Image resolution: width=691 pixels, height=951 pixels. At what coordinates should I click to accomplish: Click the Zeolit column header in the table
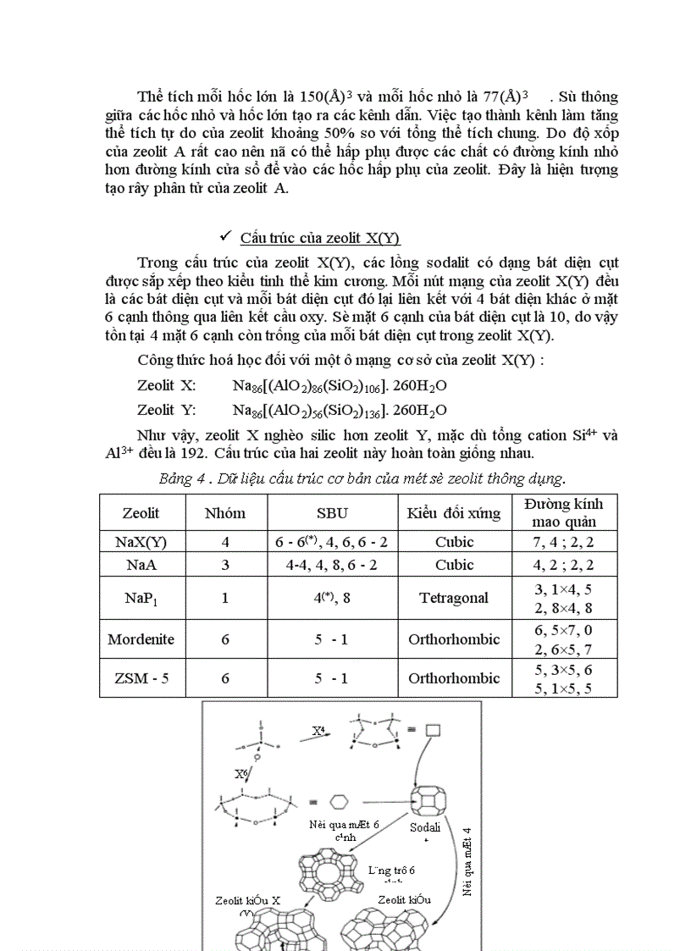coord(141,512)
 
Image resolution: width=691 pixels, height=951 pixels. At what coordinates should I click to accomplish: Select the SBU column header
coord(332,512)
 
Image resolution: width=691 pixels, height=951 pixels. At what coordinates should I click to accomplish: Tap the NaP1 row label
coord(141,598)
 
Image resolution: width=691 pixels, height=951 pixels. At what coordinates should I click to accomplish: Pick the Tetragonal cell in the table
coord(453,598)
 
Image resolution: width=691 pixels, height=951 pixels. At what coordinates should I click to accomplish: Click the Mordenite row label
coord(141,639)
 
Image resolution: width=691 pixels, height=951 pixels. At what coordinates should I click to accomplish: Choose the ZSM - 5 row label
coord(141,678)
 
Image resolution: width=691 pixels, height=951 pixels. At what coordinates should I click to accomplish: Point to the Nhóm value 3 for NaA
coord(225,565)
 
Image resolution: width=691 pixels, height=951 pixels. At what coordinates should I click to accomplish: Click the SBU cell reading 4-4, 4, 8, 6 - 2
coord(332,565)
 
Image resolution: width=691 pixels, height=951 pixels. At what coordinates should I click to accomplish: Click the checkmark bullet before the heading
coord(225,236)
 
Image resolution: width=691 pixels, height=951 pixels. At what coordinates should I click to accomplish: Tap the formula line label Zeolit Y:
coord(167,410)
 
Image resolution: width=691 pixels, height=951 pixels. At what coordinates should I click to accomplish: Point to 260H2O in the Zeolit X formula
coord(420,385)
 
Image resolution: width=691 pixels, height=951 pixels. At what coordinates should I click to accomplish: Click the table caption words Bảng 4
coord(181,479)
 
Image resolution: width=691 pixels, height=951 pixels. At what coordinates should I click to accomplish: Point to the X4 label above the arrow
coord(318,729)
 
